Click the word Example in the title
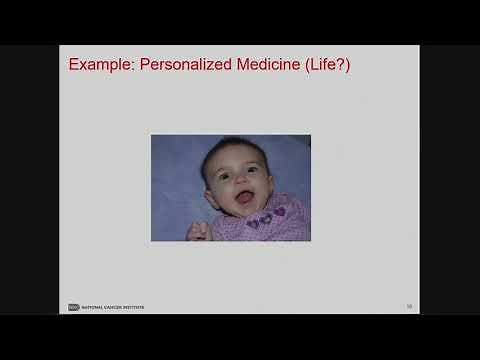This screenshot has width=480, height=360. (x=98, y=65)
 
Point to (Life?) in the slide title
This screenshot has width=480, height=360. (x=331, y=65)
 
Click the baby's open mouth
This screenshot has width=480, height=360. (x=244, y=196)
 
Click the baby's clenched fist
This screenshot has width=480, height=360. (x=198, y=231)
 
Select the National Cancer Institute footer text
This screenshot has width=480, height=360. (x=112, y=307)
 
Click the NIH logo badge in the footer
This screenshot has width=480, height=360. (x=73, y=307)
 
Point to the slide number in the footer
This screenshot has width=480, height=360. (x=409, y=306)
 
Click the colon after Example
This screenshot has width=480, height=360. (x=133, y=67)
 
